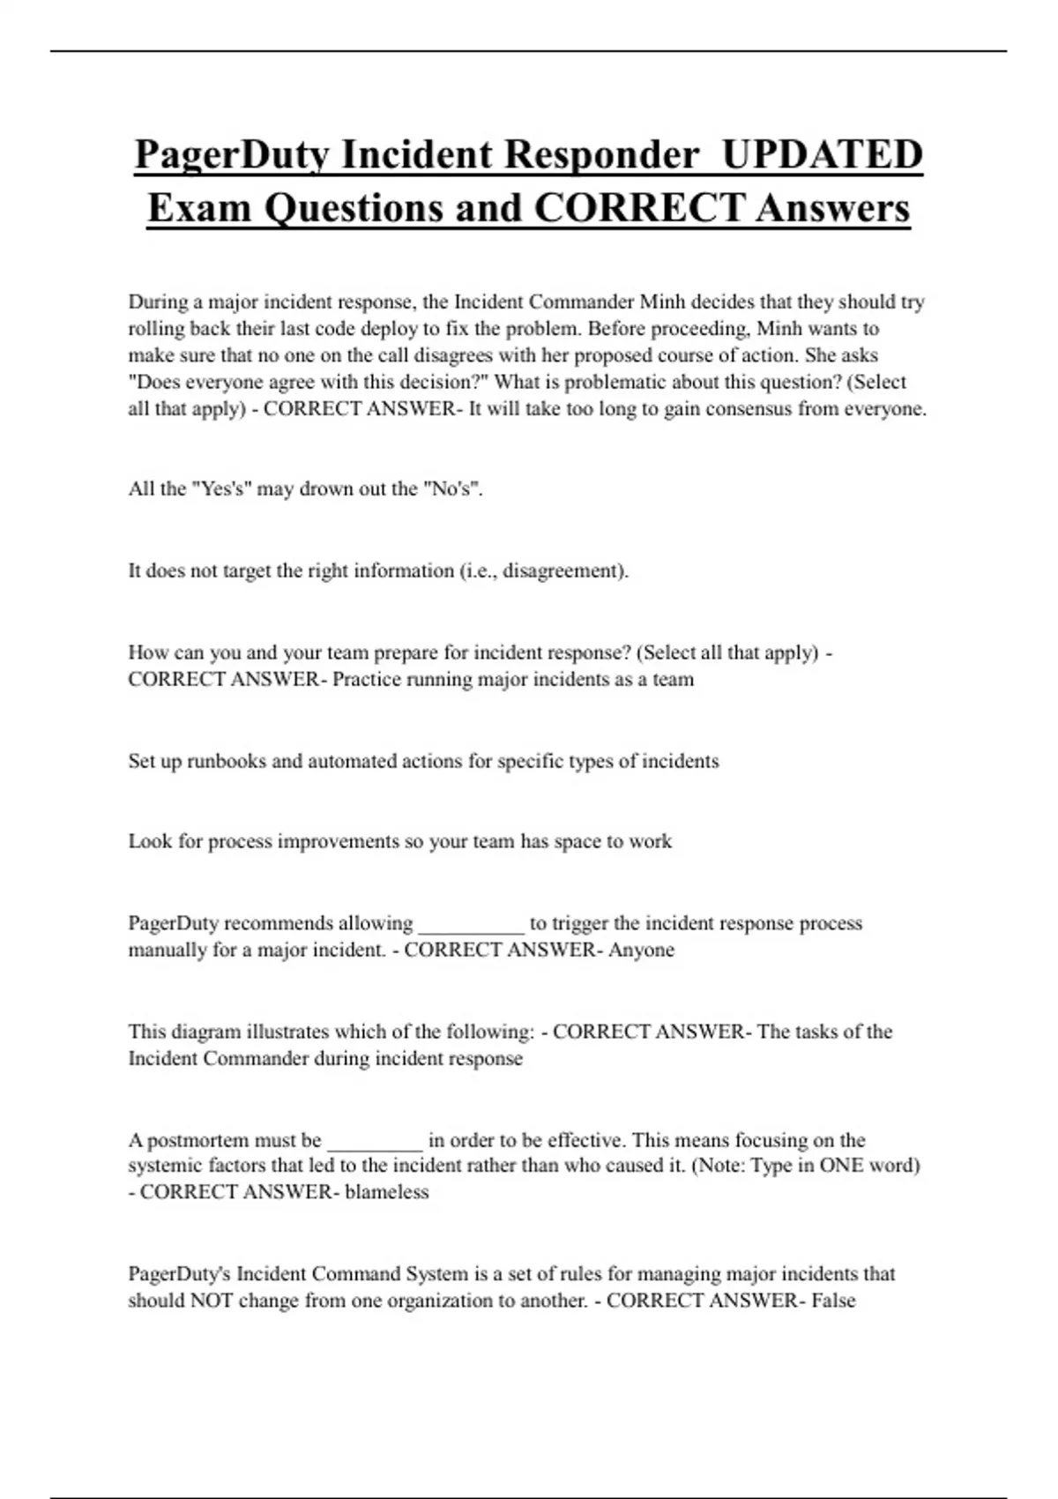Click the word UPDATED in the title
coord(822,154)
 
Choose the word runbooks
coord(227,761)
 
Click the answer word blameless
coord(387,1192)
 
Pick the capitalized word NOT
coord(208,1301)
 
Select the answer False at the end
coord(833,1301)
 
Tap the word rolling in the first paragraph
coord(156,329)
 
